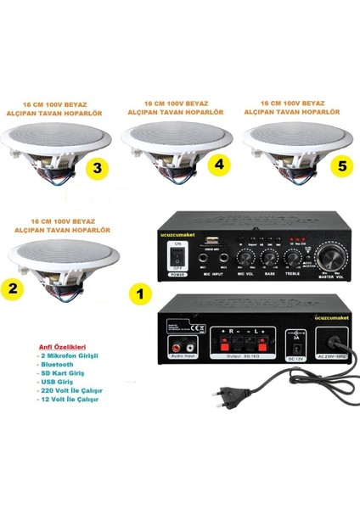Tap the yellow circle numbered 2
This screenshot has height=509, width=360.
(13, 288)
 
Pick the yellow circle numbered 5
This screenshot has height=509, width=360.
(342, 166)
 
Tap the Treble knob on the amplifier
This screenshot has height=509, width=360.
(292, 256)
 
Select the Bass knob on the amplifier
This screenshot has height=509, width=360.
(270, 256)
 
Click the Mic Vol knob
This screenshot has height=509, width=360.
(247, 256)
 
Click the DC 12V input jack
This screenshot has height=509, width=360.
(298, 349)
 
